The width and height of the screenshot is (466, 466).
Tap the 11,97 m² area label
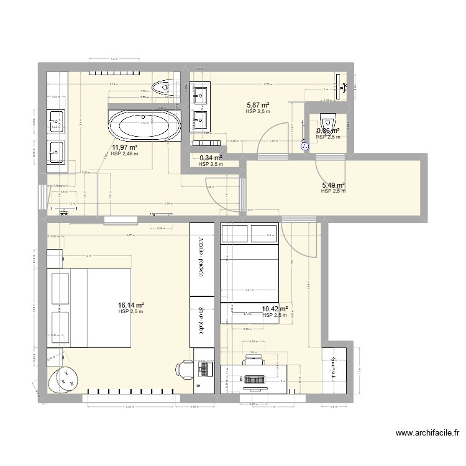coord(124,147)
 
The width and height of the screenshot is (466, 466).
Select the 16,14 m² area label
coord(131,305)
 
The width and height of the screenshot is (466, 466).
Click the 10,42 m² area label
coord(275,309)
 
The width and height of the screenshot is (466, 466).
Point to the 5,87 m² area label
coord(257,106)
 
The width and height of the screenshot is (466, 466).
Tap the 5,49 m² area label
coord(333,185)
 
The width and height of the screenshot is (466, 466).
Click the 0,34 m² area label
coord(211,158)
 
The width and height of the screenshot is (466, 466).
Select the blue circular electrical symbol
coord(304,147)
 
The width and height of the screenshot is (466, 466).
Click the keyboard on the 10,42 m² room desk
coord(254,378)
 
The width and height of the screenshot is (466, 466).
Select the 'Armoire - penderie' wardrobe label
coord(201,256)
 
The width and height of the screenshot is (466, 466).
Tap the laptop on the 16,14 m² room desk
coord(201,369)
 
